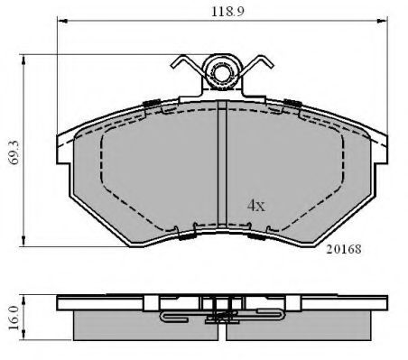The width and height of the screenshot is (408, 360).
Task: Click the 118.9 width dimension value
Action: pos(227,12)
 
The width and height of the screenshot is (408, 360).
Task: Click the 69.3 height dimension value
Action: pos(14,152)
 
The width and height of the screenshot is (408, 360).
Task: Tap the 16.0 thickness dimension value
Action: pos(14,318)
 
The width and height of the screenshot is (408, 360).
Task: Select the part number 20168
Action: pos(344,249)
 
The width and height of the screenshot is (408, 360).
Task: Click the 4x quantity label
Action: pos(256,206)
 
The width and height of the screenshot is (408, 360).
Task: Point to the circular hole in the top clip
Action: pos(222,72)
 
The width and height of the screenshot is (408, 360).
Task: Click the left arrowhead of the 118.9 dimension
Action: pos(61,21)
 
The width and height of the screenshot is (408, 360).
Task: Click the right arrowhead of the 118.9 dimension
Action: pos(383,21)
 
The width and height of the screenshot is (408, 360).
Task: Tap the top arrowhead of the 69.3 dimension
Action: pos(23,60)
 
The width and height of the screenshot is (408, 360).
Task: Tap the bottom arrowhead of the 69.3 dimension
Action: pos(23,242)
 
